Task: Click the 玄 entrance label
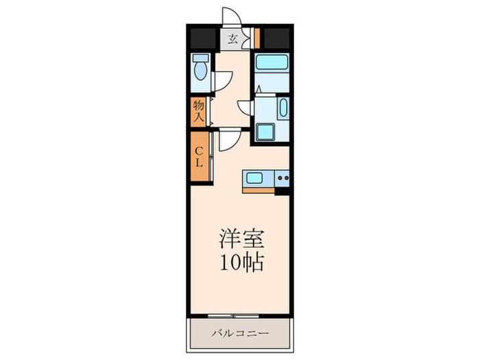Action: pyautogui.click(x=233, y=39)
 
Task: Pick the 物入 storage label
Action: pyautogui.click(x=198, y=112)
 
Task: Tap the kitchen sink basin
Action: pyautogui.click(x=254, y=180)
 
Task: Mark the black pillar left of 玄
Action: pyautogui.click(x=204, y=37)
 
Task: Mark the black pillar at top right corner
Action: pyautogui.click(x=277, y=37)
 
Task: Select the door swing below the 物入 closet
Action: pyautogui.click(x=228, y=137)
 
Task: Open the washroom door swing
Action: pyautogui.click(x=245, y=107)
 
